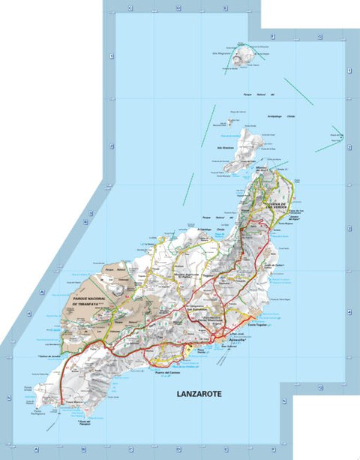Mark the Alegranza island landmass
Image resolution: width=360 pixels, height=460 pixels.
click(242, 56)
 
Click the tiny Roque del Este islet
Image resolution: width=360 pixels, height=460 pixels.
click(339, 137)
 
